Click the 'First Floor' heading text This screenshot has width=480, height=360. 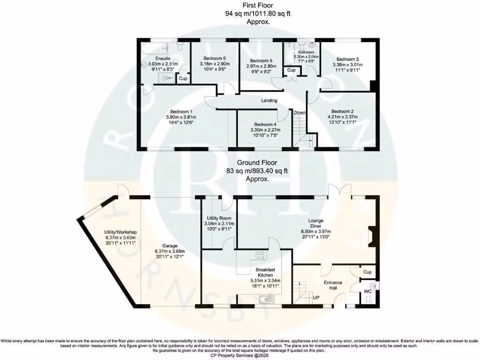(257, 6)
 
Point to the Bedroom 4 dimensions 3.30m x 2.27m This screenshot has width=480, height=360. (266, 130)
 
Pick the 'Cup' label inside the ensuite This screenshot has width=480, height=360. (183, 79)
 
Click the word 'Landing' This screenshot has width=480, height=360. (269, 100)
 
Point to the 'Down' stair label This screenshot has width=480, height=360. (300, 112)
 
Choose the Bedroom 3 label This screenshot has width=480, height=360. (347, 59)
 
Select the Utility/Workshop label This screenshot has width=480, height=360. (120, 232)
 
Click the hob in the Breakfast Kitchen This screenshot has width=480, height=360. (259, 256)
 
